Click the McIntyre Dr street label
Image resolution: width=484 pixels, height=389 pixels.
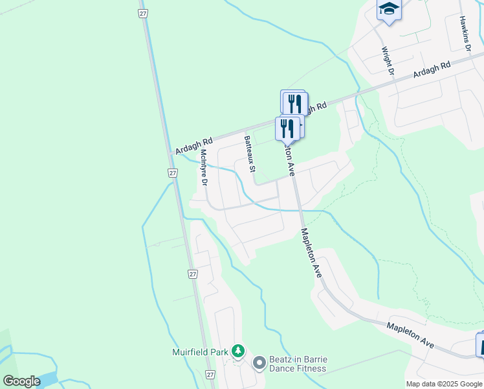coord(203,168)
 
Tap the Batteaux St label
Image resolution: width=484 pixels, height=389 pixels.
coord(248,154)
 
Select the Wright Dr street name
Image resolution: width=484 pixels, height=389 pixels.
coord(387,60)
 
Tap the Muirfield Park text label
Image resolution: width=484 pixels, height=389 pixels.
coord(201,352)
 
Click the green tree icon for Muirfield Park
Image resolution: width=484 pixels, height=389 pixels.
coord(239,351)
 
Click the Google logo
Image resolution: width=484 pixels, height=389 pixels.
coord(21,381)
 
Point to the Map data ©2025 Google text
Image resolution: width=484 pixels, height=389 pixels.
coord(444,384)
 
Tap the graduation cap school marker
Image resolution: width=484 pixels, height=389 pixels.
coord(389,9)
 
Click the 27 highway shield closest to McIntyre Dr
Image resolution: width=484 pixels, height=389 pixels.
coord(173,173)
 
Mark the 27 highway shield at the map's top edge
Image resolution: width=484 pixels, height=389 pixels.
coord(143,12)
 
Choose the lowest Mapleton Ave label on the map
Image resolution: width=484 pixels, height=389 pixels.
coord(410,335)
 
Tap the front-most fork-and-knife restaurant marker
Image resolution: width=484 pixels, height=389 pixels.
coord(287,128)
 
